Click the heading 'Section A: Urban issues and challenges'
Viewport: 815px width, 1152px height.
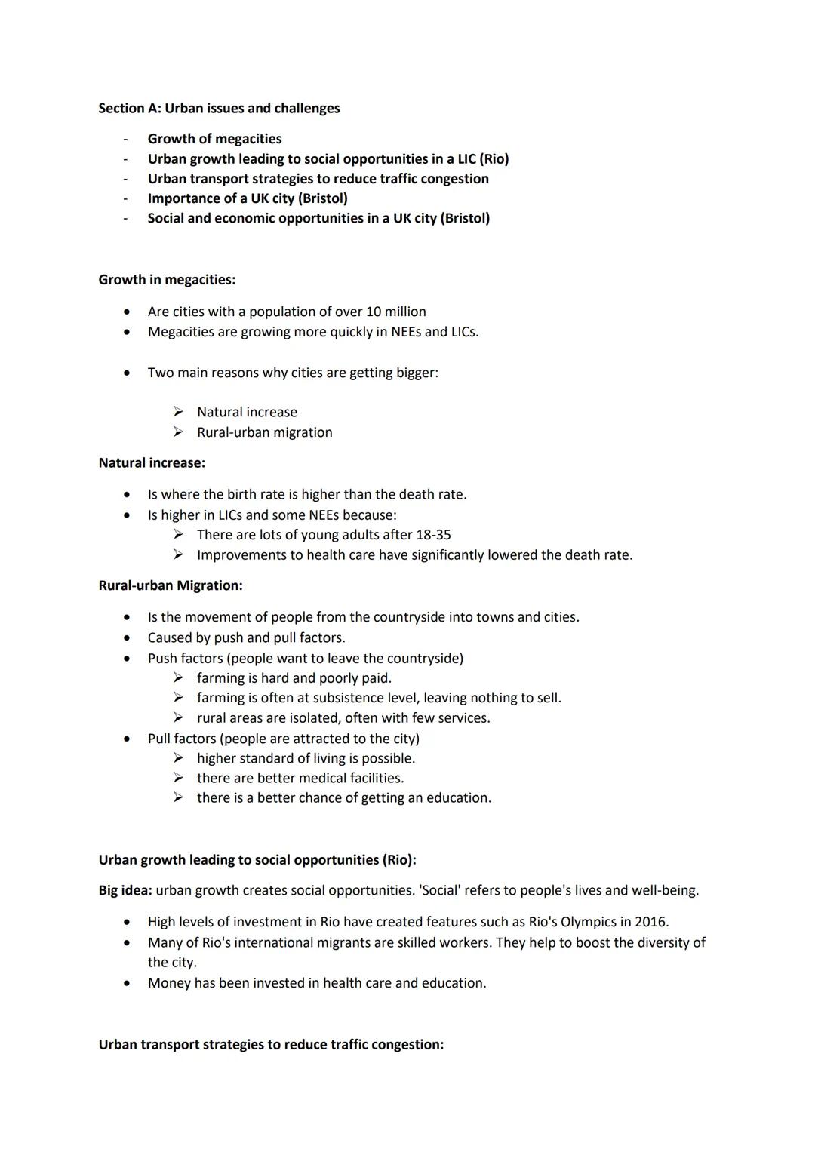pos(219,109)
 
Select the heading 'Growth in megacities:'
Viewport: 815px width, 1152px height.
pos(167,280)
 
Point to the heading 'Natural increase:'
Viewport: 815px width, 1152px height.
pos(152,462)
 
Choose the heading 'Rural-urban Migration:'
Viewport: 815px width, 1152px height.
pos(171,585)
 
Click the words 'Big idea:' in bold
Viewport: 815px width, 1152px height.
pos(125,890)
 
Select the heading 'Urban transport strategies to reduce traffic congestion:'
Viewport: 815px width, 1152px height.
pos(271,1045)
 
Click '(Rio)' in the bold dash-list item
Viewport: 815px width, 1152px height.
pos(494,159)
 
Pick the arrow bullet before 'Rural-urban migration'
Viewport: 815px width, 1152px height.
pos(178,432)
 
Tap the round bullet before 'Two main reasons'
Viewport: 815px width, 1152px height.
pos(127,373)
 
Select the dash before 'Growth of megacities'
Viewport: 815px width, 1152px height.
pos(126,140)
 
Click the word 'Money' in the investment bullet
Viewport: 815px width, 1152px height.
pos(169,983)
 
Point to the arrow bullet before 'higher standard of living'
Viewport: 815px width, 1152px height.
pos(178,758)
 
